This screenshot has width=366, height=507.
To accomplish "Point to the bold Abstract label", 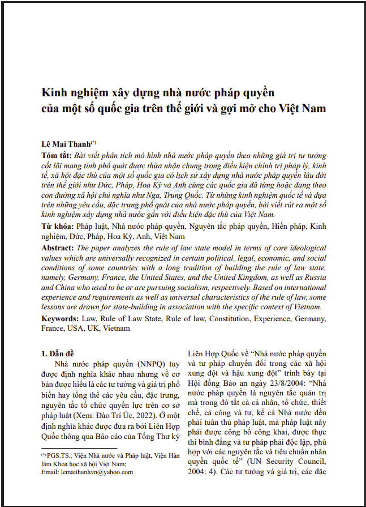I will tap(58, 248).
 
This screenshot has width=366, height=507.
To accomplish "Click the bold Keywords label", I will tap(61, 319).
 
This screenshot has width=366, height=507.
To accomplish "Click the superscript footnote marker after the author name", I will tap(94, 142).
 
